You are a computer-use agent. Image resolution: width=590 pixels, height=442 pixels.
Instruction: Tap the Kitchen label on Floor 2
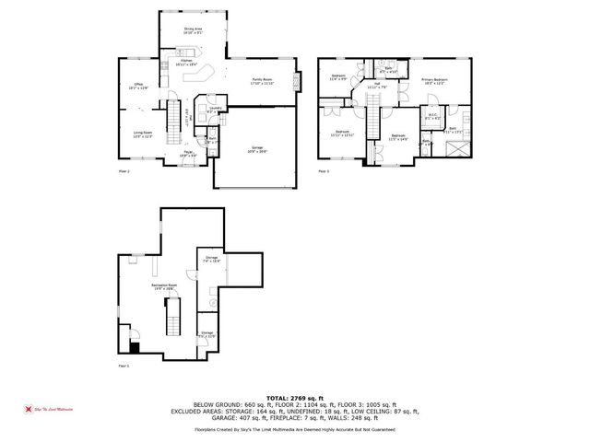pos(173,63)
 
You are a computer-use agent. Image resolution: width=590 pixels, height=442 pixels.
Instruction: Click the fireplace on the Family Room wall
pos(297,82)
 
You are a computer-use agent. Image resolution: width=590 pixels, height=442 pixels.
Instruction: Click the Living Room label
pos(141,134)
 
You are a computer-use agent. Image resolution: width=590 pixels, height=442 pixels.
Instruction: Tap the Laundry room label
pos(211,110)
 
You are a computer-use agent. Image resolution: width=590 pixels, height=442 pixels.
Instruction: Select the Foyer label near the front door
pos(187,154)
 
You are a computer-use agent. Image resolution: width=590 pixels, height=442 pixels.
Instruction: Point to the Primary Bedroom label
pos(434,82)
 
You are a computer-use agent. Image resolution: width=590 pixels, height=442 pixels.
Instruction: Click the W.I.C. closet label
pos(433,116)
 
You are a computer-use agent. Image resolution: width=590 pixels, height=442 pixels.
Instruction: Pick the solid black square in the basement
pos(135,347)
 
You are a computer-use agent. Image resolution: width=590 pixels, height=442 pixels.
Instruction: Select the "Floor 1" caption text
pos(124,366)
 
